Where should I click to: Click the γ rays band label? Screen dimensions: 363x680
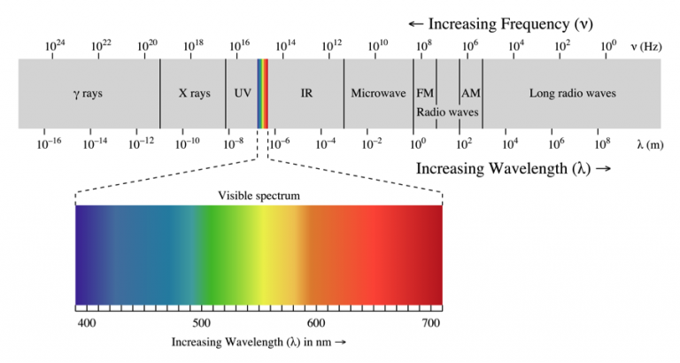pos(88,93)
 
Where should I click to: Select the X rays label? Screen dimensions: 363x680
pos(194,93)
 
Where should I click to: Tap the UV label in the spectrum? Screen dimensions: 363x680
pos(242,93)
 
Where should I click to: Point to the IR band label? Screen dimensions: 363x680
pos(306,93)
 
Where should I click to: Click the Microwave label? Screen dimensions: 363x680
pos(378,93)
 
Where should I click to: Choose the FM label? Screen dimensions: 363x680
pos(424,93)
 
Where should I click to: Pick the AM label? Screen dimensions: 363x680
pos(470,93)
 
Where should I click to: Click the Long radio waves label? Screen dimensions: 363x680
pos(572,93)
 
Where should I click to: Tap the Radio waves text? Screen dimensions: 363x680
pos(447,112)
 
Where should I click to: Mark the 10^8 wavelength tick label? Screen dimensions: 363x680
pos(601,142)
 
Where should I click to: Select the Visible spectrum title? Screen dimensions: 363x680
pos(259,195)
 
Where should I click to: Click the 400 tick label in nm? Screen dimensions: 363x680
pos(87,323)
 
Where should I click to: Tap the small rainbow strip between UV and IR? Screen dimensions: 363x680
pos(262,93)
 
